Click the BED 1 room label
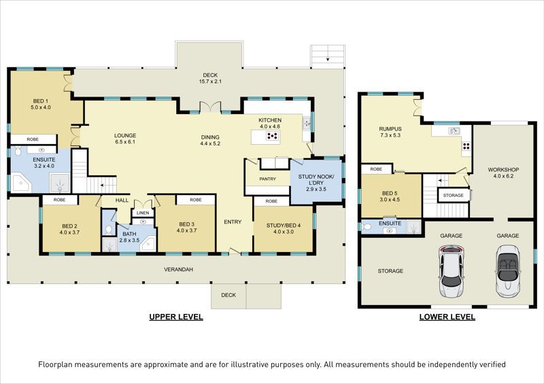coord(39,101)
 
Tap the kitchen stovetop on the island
coord(273,135)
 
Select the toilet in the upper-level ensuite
coord(18,152)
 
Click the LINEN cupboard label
coord(143,213)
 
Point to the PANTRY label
coord(267,179)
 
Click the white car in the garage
coord(450,271)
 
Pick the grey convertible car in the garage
coord(507,271)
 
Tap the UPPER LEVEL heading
coord(176,317)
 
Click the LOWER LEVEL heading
coord(447,317)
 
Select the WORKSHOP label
coord(503,170)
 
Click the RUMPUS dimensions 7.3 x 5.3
coord(390,135)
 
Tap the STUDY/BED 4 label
coord(284,226)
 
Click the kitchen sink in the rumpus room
coord(454,130)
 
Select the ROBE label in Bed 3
coord(196,200)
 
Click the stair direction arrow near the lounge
coord(103,186)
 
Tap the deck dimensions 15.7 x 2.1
coord(210,82)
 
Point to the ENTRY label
coord(233,222)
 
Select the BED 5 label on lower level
coord(390,193)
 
